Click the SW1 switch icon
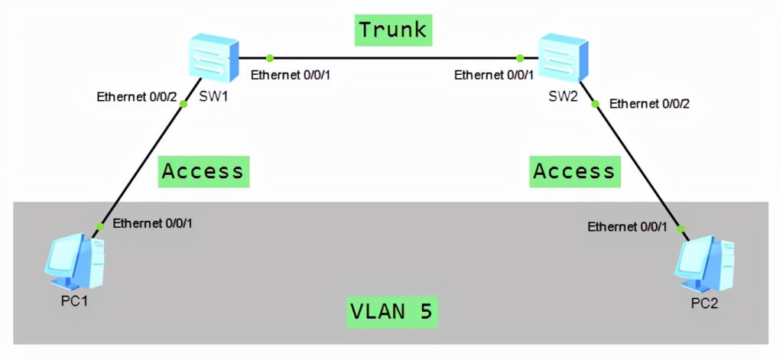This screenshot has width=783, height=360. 213,57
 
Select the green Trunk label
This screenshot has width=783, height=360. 392,31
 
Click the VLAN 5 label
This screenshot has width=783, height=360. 392,313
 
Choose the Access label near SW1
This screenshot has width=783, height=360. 203,171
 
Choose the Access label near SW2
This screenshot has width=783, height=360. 573,171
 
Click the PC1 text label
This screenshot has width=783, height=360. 75,300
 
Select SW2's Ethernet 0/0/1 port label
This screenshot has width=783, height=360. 494,75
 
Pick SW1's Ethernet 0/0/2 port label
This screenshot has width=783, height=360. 137,97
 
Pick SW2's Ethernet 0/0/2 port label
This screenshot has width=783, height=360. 649,103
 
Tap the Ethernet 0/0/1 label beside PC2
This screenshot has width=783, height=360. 627,227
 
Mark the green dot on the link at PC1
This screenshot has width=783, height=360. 99,227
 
